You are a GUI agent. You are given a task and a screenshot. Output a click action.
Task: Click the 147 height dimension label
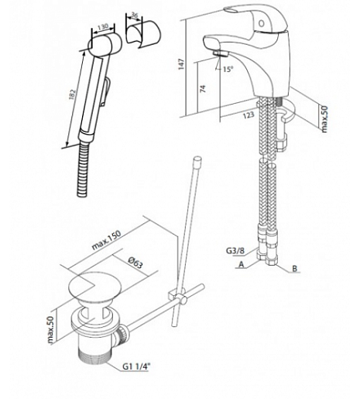[x=182, y=64]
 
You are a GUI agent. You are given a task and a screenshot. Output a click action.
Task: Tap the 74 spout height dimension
[x=204, y=89]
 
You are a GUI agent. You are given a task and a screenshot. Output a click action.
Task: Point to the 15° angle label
[x=228, y=69]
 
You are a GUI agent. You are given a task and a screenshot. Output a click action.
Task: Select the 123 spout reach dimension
[x=249, y=115]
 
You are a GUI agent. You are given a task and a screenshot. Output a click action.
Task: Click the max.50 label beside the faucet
[x=324, y=119]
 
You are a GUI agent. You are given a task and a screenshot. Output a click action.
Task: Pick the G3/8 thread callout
[x=235, y=250]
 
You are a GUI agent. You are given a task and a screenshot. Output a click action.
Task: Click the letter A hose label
[x=242, y=264]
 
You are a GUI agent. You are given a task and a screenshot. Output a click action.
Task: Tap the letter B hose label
[x=295, y=269]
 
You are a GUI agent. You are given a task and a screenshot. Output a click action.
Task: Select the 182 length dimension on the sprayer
[x=73, y=95]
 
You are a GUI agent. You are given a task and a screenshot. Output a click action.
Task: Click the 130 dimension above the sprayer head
[x=103, y=26]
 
